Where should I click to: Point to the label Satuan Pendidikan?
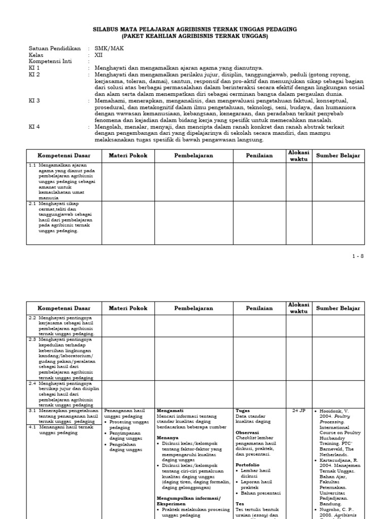click(55, 48)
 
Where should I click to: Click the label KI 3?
click(35, 101)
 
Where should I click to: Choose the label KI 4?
click(35, 127)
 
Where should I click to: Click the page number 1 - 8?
click(358, 256)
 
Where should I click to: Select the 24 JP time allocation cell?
click(299, 411)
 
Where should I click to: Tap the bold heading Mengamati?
click(170, 411)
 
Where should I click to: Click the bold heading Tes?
click(240, 504)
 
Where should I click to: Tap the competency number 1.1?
click(32, 165)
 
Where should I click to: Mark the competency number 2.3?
click(32, 339)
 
